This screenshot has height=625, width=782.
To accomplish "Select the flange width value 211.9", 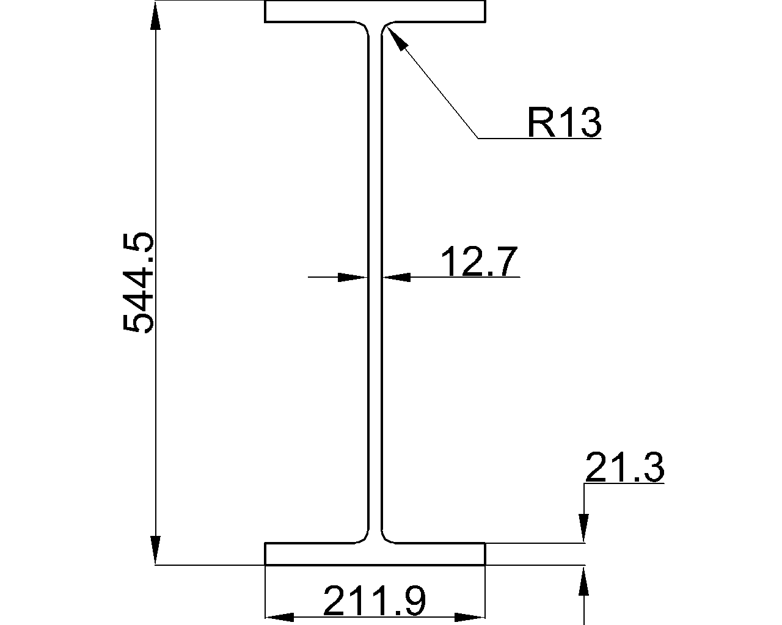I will pyautogui.click(x=374, y=601).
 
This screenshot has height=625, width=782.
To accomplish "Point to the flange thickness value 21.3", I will pyautogui.click(x=624, y=469).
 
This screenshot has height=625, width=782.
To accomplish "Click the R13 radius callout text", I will pyautogui.click(x=564, y=123).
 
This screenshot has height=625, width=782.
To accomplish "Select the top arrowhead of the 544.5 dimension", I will pyautogui.click(x=156, y=15).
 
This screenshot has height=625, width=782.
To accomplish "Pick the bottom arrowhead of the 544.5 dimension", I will pyautogui.click(x=156, y=551).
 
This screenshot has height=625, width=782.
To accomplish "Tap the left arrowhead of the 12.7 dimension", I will pyautogui.click(x=353, y=277).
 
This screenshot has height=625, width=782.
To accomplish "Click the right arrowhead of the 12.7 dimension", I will pyautogui.click(x=397, y=277).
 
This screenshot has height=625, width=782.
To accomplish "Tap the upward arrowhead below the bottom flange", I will pyautogui.click(x=585, y=580).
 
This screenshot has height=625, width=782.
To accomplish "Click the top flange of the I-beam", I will pyautogui.click(x=375, y=12).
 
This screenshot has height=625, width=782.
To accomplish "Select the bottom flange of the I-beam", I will pyautogui.click(x=375, y=554).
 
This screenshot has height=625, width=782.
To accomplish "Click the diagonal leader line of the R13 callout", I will pyautogui.click(x=437, y=89).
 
